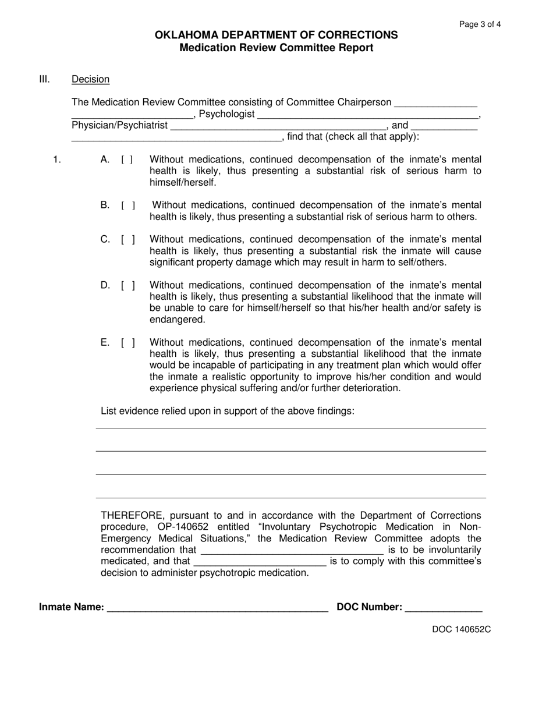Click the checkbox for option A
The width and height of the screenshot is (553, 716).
pyautogui.click(x=127, y=159)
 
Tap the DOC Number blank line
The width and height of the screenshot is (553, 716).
pyautogui.click(x=443, y=608)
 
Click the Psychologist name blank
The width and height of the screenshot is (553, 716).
pyautogui.click(x=368, y=115)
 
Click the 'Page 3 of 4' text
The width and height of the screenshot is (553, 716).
pyautogui.click(x=480, y=24)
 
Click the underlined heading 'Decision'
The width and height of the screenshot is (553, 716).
pyautogui.click(x=90, y=79)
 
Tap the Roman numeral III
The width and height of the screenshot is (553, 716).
pyautogui.click(x=45, y=79)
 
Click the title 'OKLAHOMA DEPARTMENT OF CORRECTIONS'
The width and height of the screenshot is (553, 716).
pyautogui.click(x=276, y=35)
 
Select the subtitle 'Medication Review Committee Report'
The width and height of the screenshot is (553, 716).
pyautogui.click(x=276, y=48)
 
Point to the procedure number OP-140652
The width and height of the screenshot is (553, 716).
pyautogui.click(x=182, y=527)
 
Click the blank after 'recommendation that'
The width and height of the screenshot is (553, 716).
pyautogui.click(x=291, y=550)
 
